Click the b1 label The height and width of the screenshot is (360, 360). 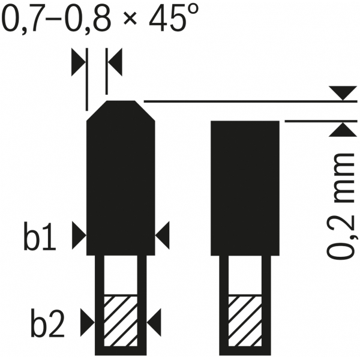[40, 236]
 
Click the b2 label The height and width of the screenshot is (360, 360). [47, 323]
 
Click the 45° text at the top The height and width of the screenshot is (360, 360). [173, 17]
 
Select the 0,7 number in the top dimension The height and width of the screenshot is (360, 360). [20, 20]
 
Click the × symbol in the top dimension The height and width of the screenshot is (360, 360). [130, 18]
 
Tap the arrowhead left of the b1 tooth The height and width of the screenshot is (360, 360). [79, 235]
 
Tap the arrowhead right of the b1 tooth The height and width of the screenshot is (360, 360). [163, 235]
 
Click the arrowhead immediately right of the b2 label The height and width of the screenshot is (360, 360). [88, 323]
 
